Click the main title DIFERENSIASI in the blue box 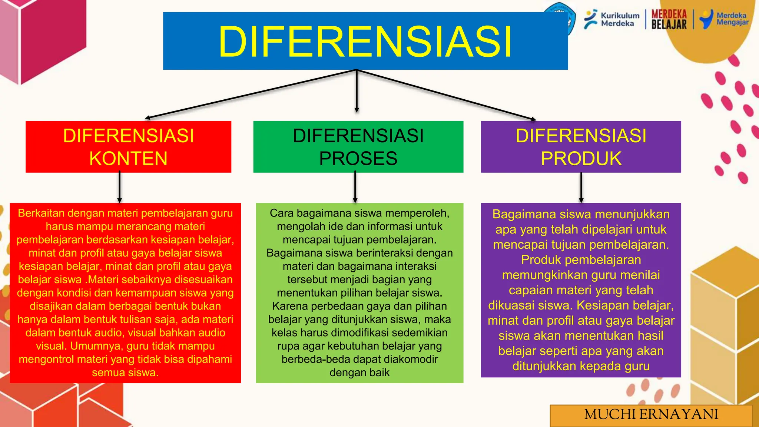[x=365, y=42]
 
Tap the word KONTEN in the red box [x=128, y=159]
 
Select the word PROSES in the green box [x=358, y=159]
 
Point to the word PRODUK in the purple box [x=581, y=159]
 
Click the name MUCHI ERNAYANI [x=651, y=414]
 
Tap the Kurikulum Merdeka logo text [x=620, y=20]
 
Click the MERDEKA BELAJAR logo [x=669, y=20]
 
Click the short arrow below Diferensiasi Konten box [x=120, y=187]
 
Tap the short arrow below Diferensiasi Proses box [x=355, y=187]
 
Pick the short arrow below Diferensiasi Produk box [x=581, y=188]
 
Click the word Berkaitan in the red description [x=41, y=213]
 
